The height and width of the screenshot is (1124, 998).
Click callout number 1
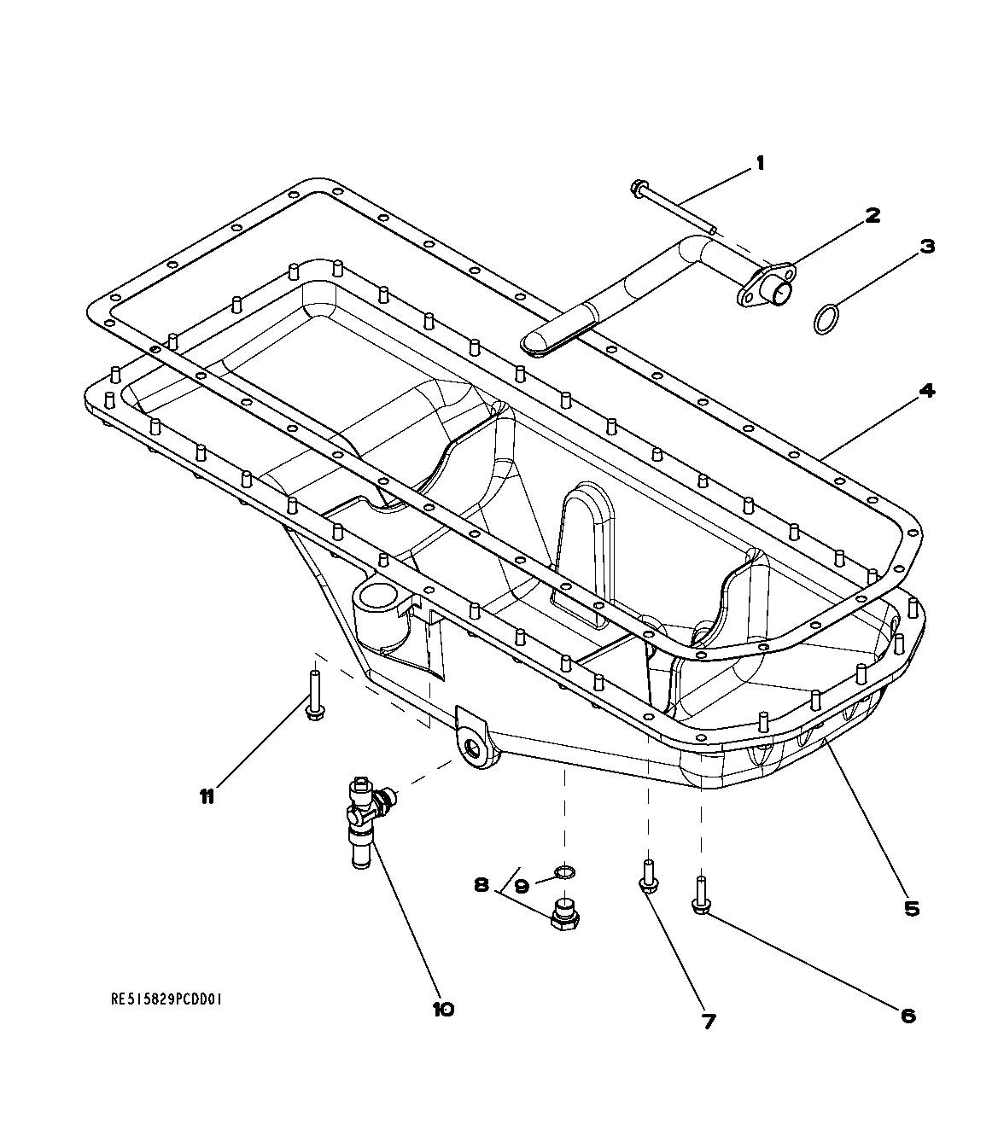(760, 162)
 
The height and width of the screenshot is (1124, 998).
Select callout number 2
(872, 215)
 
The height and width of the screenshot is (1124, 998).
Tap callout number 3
(927, 247)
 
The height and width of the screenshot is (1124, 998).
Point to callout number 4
(926, 392)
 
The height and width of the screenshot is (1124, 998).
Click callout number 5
(912, 909)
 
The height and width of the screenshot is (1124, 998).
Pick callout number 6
(908, 1015)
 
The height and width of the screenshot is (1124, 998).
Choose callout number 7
(708, 1021)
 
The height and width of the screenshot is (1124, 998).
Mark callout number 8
(481, 885)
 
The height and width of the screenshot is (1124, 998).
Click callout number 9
(522, 886)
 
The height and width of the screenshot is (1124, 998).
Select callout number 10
(443, 1009)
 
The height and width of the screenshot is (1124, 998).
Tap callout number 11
(206, 796)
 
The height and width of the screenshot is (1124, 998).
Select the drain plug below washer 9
(564, 915)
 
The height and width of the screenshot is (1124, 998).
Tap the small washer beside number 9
(564, 871)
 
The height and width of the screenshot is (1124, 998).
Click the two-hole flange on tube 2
(766, 286)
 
